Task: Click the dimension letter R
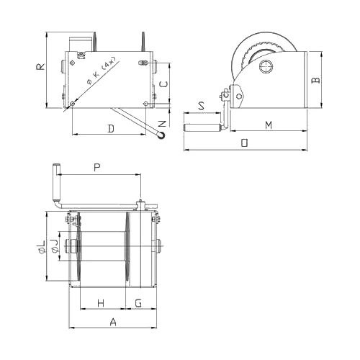click(40, 66)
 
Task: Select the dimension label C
click(163, 84)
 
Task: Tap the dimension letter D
click(111, 129)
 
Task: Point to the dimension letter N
click(163, 124)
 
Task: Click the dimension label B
click(315, 80)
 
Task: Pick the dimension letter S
click(202, 106)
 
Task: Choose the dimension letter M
click(269, 125)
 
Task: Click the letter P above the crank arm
click(97, 167)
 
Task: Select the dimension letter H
click(101, 303)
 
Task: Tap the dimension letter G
click(138, 303)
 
